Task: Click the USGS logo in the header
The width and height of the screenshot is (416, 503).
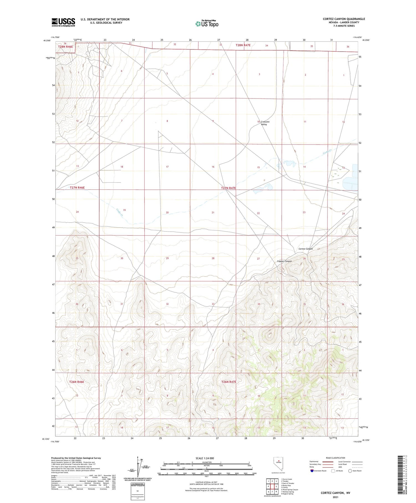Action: click(63, 22)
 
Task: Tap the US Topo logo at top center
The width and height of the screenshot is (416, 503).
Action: click(207, 24)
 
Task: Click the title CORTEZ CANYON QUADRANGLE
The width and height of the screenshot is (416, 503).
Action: click(344, 19)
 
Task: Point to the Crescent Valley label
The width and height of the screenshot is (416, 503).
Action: click(265, 123)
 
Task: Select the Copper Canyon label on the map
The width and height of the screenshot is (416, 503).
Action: click(284, 261)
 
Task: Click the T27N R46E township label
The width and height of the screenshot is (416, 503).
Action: click(77, 188)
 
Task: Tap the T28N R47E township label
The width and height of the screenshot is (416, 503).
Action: click(243, 45)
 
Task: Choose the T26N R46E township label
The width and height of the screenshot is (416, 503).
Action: click(77, 382)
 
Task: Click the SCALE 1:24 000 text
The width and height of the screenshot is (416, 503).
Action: click(205, 458)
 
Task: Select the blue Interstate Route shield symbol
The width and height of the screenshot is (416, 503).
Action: click(312, 471)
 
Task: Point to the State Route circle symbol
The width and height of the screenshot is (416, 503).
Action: click(350, 471)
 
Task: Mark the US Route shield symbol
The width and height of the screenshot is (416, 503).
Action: click(333, 471)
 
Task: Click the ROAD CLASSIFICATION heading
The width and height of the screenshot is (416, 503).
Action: click(336, 458)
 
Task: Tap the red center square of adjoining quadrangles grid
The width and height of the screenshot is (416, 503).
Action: click(276, 486)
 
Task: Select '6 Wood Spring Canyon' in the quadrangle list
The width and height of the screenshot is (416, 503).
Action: click(290, 489)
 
